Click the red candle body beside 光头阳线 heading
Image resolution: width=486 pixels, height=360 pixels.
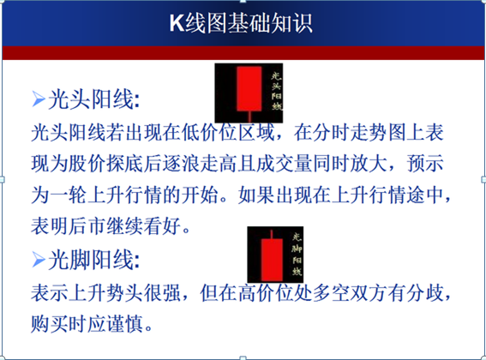247,87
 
